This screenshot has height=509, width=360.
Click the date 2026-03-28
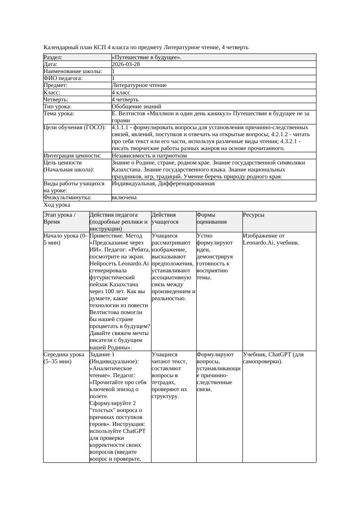[x=126, y=64]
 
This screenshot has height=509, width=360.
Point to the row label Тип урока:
[x=57, y=107]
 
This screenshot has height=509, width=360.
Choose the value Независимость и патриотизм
[x=149, y=156]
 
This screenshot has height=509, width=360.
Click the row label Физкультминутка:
[x=67, y=198]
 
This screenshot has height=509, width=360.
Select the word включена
[x=124, y=198]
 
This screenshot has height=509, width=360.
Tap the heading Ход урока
[x=57, y=205]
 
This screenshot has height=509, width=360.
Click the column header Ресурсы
[x=253, y=215]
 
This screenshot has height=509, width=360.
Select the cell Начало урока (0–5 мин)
[x=66, y=239]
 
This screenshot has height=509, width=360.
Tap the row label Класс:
[x=52, y=93]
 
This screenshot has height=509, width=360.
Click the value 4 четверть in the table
[x=125, y=100]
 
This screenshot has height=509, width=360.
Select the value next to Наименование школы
[x=114, y=71]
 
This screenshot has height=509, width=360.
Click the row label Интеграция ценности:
[x=72, y=156]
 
